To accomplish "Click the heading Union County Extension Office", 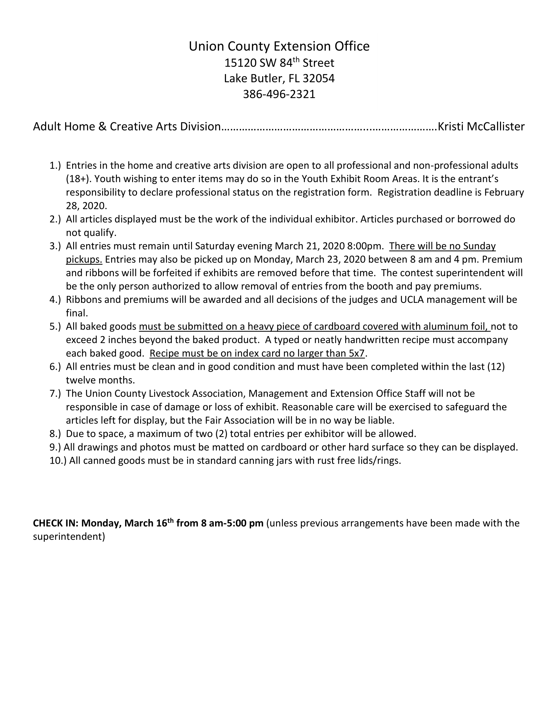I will (279, 46).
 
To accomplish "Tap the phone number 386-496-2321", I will (279, 94).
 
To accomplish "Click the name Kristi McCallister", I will (481, 127).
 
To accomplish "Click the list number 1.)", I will (55, 165).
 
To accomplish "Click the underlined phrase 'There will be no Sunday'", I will (442, 246).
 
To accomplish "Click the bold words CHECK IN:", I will (55, 523).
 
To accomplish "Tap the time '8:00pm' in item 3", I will (365, 246).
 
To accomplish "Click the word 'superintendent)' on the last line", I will (69, 537).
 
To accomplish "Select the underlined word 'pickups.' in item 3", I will (84, 259).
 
